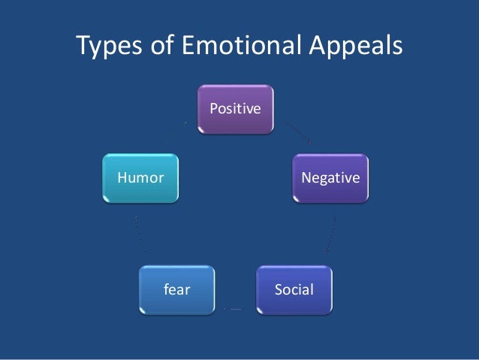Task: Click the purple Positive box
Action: [x=235, y=110]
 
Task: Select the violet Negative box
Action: [x=330, y=179]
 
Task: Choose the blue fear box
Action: [x=176, y=290]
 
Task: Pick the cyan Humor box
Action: [x=141, y=179]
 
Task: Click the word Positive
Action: [x=235, y=110]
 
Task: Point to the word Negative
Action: [x=330, y=179]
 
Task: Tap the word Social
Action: [x=294, y=290]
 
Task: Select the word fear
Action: [x=176, y=290]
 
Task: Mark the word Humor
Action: [x=137, y=179]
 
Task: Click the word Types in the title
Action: [x=112, y=47]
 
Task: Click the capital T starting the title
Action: [x=84, y=46]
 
